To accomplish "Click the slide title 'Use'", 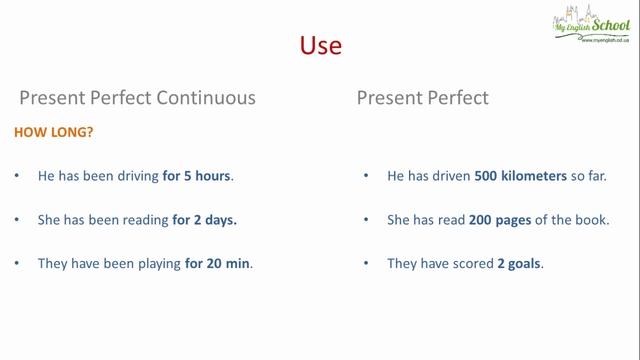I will (321, 46).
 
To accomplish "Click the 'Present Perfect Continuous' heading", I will (138, 98).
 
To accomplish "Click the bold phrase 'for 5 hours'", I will (196, 176).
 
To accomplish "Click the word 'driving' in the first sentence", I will (135, 176).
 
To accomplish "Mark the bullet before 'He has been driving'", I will (16, 176).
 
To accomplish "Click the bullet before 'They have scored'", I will (366, 264).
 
